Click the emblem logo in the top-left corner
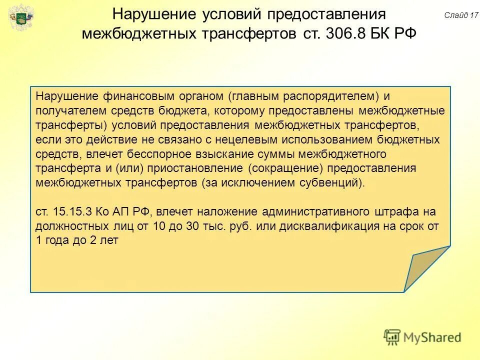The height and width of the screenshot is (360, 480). click(21, 18)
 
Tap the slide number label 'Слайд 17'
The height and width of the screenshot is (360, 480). click(461, 15)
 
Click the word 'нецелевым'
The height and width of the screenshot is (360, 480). click(273, 139)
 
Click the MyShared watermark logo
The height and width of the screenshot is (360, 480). click(422, 337)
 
